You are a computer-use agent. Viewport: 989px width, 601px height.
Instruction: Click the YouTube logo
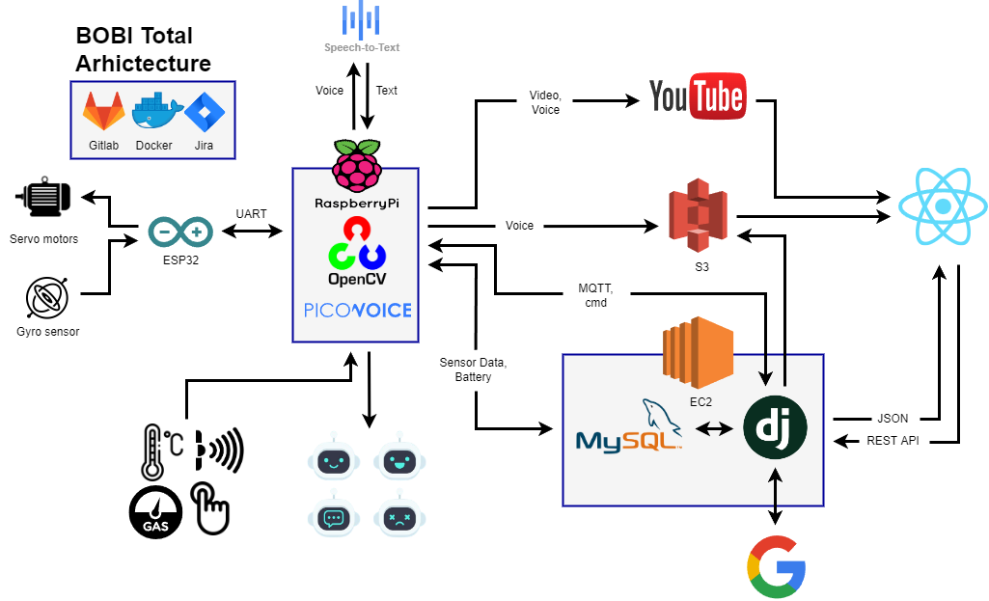tap(697, 96)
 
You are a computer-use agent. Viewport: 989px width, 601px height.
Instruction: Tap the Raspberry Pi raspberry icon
tap(357, 165)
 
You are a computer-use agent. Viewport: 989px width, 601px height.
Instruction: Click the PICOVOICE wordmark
tap(357, 310)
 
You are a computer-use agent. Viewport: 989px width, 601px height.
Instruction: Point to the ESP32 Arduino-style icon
tap(180, 232)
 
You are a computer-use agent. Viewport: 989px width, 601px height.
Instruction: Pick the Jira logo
tap(204, 112)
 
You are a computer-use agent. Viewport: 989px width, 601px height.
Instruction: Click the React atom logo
tap(942, 204)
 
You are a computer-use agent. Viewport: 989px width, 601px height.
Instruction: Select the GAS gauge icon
tap(155, 512)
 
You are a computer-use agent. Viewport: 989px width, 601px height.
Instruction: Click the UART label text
tap(251, 213)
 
